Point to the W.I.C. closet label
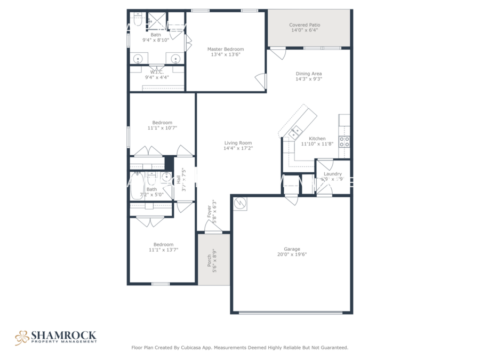coord(157,71)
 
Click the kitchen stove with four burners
coord(345,142)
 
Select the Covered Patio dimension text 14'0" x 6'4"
coord(305,30)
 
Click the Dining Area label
coord(309,74)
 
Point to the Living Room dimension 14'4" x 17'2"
coord(238,148)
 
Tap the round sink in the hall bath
coord(166,180)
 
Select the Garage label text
coord(292,249)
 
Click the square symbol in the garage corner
coord(241,203)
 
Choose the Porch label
coord(209,260)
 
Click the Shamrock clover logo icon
coord(22,337)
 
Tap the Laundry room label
coord(333,174)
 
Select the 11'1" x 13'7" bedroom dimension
coord(163,250)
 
